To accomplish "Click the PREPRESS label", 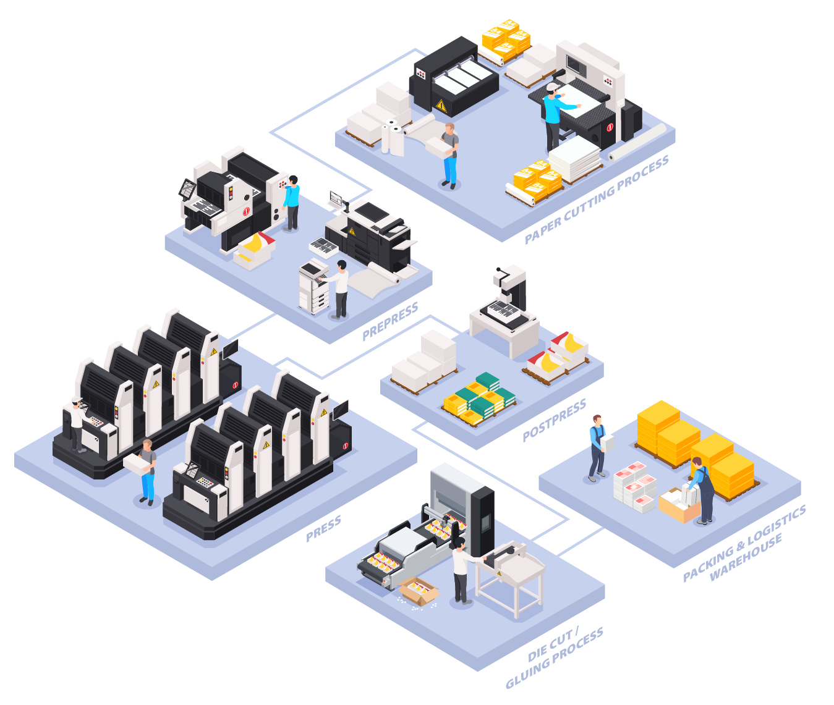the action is (x=389, y=321).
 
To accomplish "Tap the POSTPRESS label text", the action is (x=555, y=421).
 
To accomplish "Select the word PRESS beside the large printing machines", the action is (x=323, y=528).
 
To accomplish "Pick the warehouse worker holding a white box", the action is (x=597, y=448).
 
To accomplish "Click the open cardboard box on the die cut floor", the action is (x=418, y=591).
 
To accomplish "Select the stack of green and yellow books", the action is (x=479, y=399).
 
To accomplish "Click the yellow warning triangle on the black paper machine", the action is (x=441, y=106).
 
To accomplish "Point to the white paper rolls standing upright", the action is (x=392, y=137).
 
